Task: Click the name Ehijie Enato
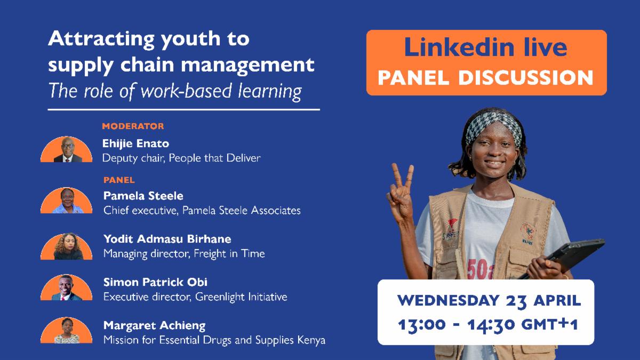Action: pos(135,143)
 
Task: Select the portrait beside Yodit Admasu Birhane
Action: pos(66,247)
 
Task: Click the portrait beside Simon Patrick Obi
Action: pos(66,289)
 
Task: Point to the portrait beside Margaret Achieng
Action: pos(66,331)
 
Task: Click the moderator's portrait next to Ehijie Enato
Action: pos(66,150)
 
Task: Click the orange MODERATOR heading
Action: pos(133,126)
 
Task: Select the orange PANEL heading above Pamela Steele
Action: pos(119,180)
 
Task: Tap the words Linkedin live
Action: pos(485,47)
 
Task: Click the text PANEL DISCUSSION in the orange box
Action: pos(485,77)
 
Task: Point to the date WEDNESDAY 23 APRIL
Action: pos(489,300)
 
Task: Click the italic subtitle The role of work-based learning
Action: pos(175,91)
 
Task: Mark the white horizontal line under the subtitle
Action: pos(183,109)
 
